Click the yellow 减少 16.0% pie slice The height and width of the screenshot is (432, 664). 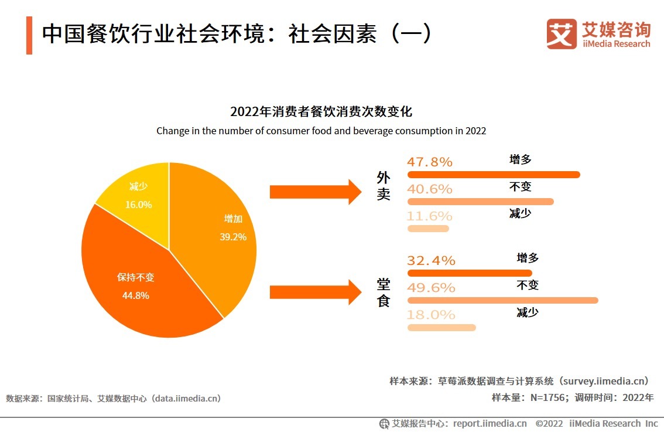click(x=138, y=196)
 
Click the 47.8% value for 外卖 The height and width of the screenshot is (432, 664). click(x=430, y=162)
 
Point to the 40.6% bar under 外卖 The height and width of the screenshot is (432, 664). click(x=480, y=202)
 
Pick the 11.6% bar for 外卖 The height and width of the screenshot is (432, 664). click(x=428, y=229)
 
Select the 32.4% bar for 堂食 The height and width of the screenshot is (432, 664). click(x=470, y=273)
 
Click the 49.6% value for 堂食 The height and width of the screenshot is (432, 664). click(x=431, y=288)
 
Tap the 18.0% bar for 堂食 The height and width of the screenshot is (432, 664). click(x=441, y=327)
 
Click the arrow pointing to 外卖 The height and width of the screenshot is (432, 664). click(x=316, y=192)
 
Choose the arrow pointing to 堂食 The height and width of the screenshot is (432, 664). click(x=316, y=292)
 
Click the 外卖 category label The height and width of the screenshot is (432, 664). click(x=384, y=186)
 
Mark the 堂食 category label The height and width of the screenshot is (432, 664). click(x=384, y=293)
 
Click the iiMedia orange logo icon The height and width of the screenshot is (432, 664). click(x=562, y=34)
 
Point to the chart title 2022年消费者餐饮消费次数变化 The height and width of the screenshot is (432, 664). click(x=321, y=112)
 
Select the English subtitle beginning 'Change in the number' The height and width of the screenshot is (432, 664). click(x=321, y=131)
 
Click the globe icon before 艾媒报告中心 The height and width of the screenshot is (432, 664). click(x=384, y=423)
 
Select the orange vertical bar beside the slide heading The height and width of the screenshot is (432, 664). click(x=29, y=35)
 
